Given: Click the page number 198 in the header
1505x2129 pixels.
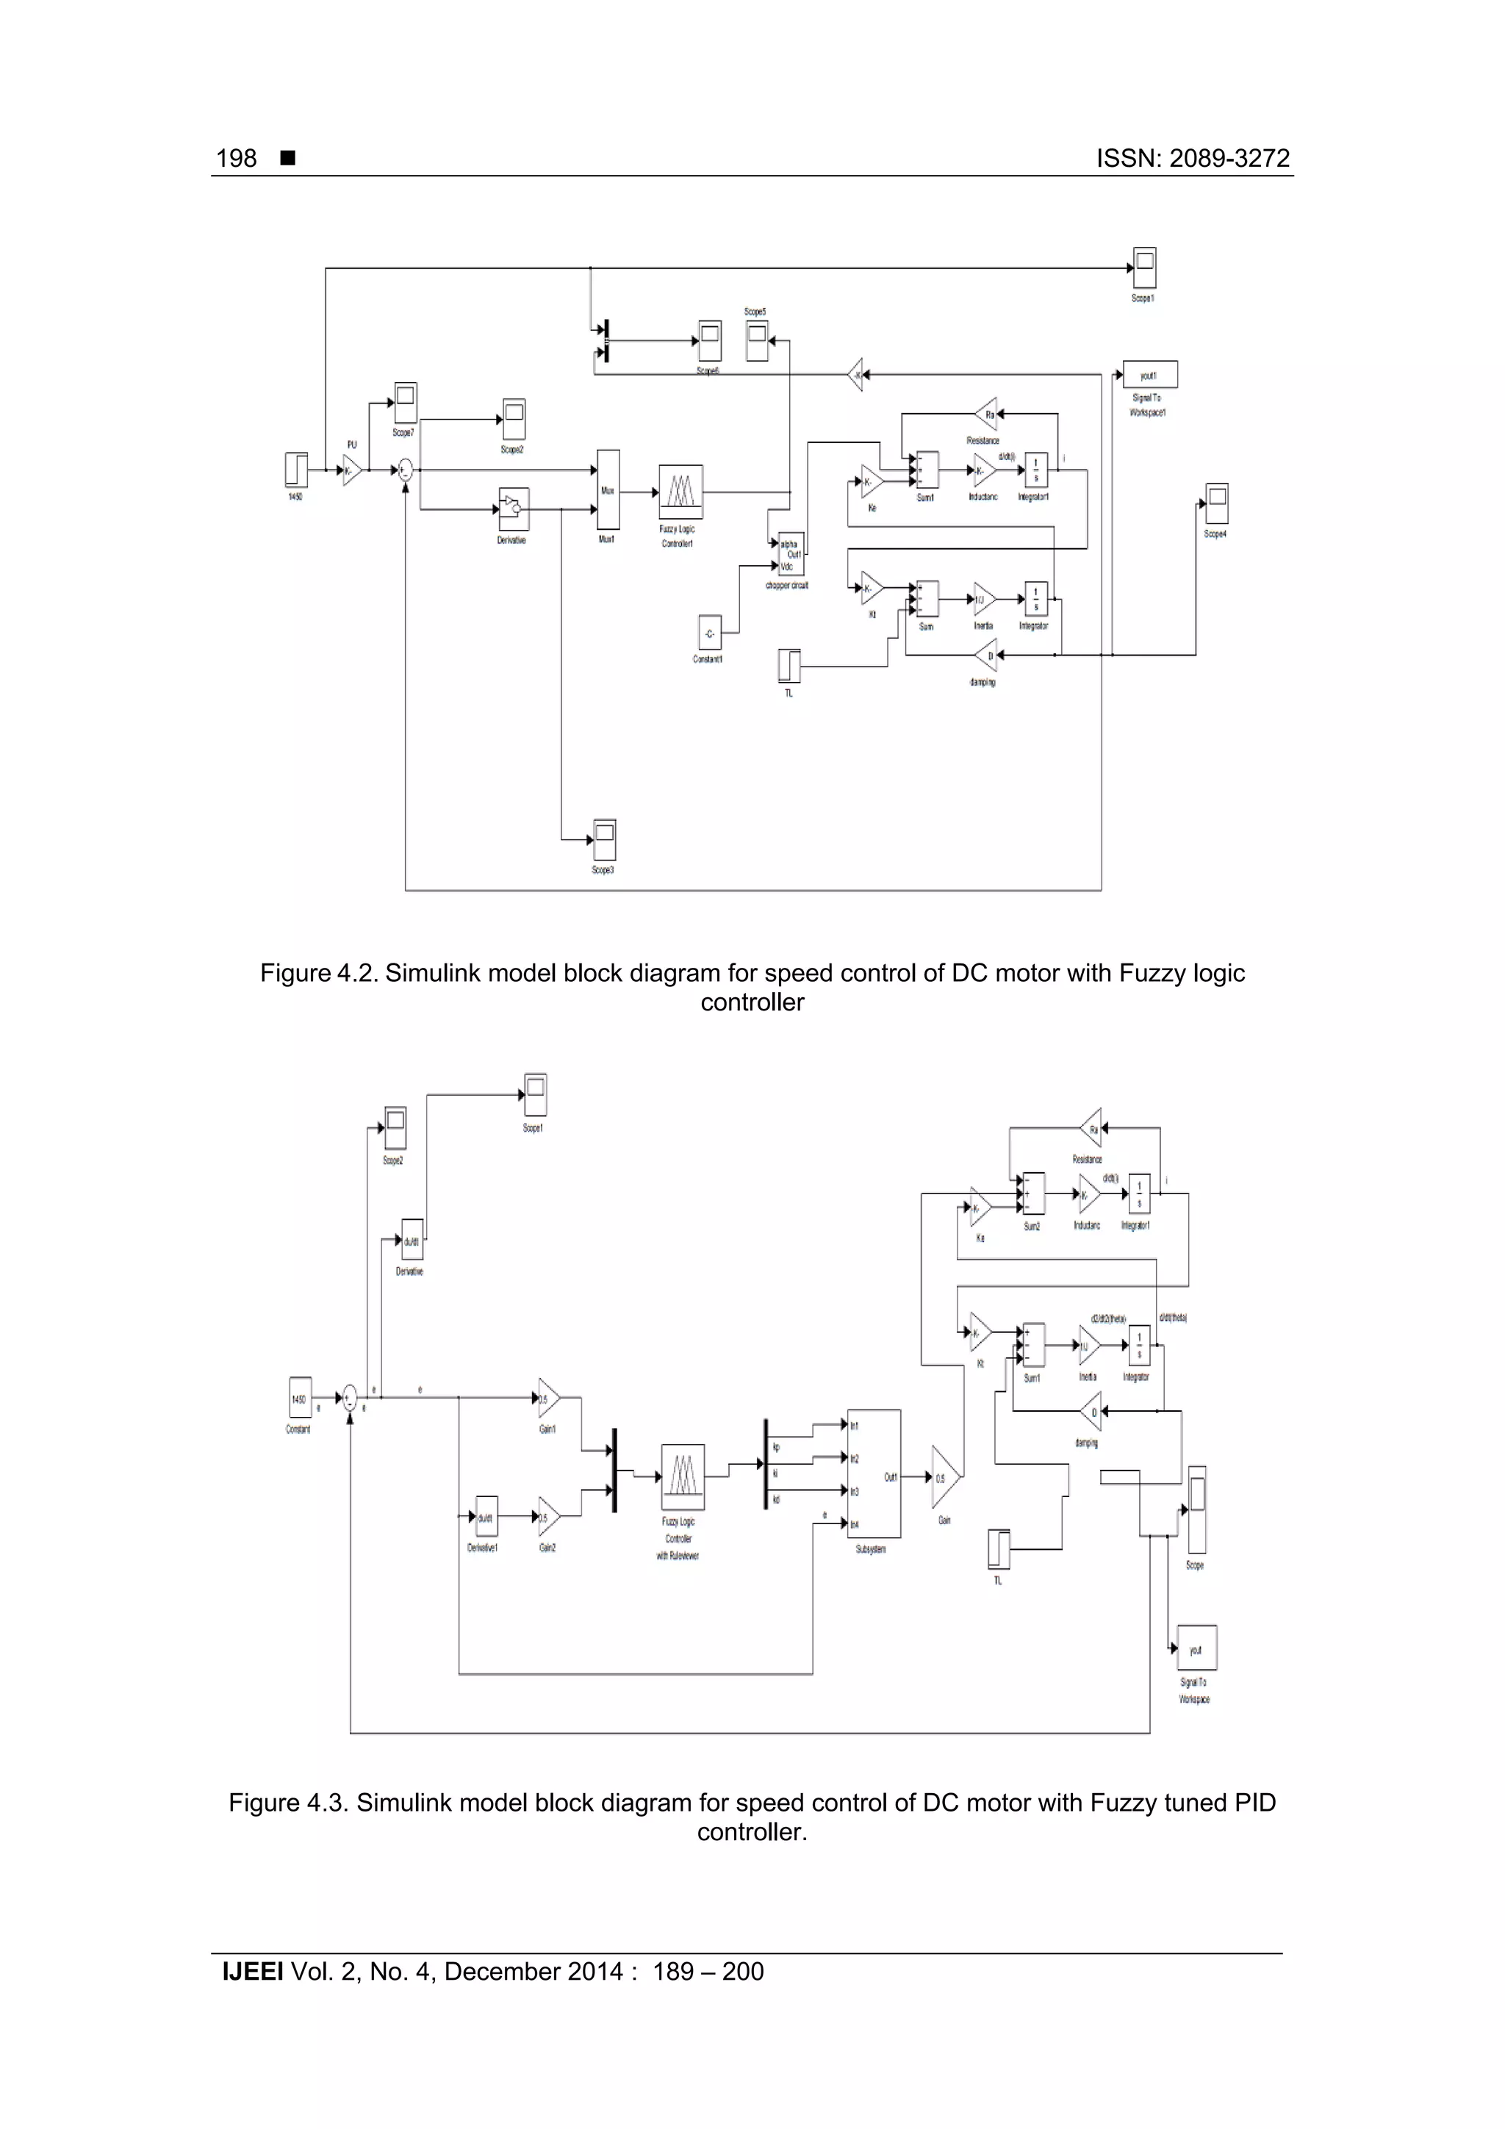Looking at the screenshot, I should point(236,159).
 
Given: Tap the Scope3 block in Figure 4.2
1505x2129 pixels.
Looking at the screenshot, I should point(605,840).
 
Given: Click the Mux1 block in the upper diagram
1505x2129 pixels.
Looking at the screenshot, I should point(608,490).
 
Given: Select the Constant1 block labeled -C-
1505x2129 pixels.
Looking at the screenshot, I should point(709,634).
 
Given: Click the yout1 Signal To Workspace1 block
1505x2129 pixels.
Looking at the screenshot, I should point(1150,375).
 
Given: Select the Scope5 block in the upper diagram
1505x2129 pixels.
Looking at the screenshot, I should point(757,340).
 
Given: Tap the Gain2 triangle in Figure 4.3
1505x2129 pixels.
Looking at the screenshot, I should point(547,1518).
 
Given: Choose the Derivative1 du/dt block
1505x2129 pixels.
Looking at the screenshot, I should point(485,1518).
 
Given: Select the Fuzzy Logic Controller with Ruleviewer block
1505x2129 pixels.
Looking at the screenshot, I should point(683,1477).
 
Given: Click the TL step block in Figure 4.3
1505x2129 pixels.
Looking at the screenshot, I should point(998,1549).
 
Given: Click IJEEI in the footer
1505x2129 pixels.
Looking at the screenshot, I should point(252,1972).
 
